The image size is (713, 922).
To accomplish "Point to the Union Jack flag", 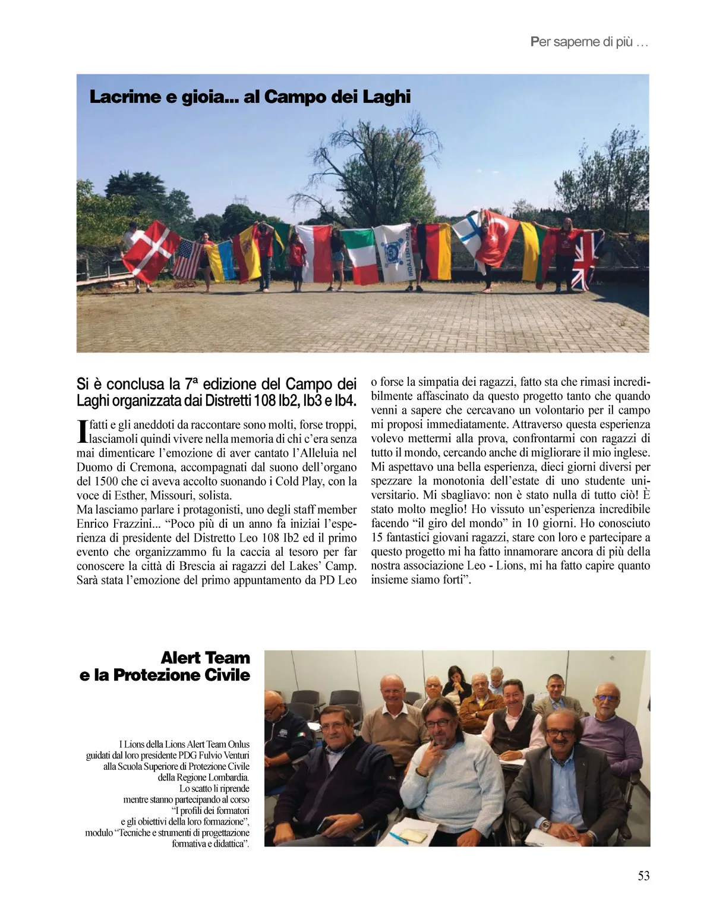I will [x=586, y=260].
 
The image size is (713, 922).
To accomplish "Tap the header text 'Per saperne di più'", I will [x=588, y=43].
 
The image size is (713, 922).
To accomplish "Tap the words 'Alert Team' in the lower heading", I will [x=205, y=658].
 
